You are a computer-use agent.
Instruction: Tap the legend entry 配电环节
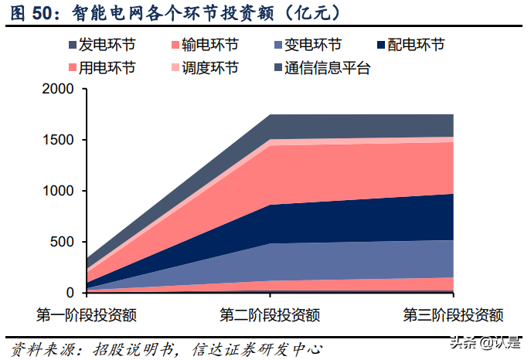pyautogui.click(x=415, y=46)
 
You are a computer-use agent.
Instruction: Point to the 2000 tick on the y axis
pyautogui.click(x=58, y=90)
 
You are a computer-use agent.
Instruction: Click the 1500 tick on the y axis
pyautogui.click(x=58, y=141)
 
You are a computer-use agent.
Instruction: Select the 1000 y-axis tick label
pyautogui.click(x=58, y=192)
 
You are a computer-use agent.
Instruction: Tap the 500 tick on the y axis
pyautogui.click(x=63, y=243)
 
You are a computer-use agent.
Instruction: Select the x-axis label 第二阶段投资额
pyautogui.click(x=270, y=315)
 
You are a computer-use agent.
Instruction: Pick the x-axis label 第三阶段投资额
pyautogui.click(x=453, y=315)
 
